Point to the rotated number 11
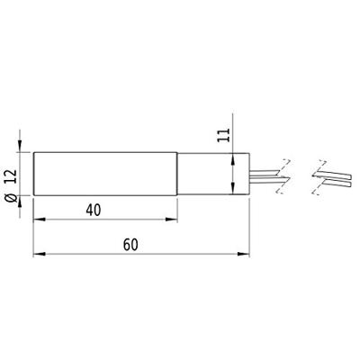222,136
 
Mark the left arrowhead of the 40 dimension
38,218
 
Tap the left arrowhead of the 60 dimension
38,255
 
